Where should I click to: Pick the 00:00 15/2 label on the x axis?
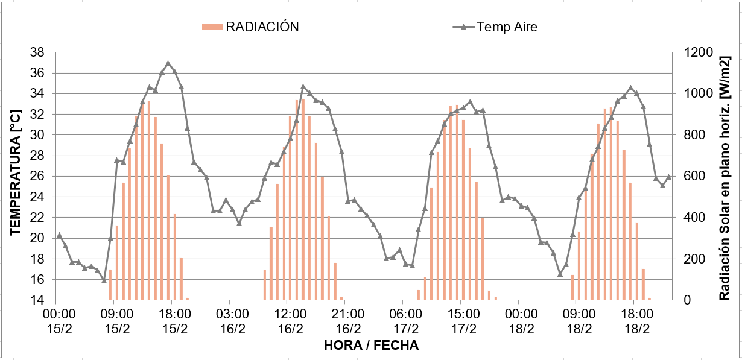tap(59, 321)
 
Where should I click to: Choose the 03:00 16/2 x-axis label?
tap(233, 321)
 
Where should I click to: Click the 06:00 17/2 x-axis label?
tap(406, 321)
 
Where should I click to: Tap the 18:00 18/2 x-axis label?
tap(637, 321)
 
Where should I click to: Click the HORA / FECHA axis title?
tap(371, 346)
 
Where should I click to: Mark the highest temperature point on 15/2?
tap(168, 63)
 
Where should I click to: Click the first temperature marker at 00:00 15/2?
tap(59, 235)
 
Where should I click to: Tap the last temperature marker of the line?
tap(668, 177)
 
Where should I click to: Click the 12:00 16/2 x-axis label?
tap(291, 321)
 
